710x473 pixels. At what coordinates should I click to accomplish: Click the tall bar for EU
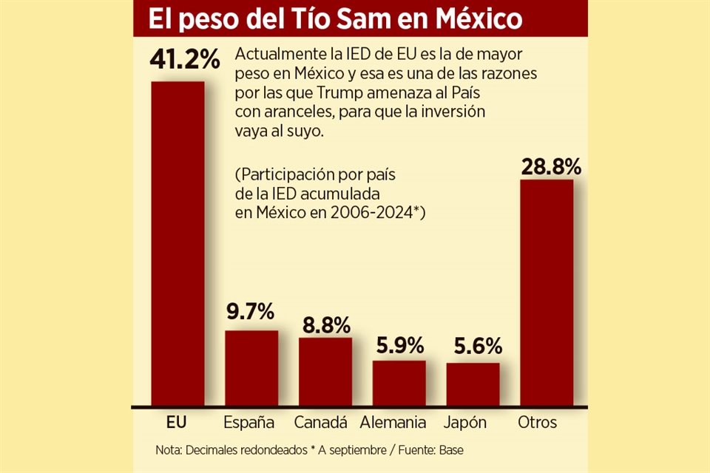(x=177, y=244)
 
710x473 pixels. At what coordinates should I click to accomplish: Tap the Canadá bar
(x=325, y=372)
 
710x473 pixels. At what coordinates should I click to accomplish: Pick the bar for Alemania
(x=399, y=383)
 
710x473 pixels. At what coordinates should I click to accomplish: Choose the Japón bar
(x=473, y=384)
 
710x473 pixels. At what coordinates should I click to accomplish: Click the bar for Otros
(x=547, y=293)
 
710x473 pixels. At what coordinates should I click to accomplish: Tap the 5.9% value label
(x=399, y=344)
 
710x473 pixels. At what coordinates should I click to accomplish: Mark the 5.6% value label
(x=473, y=346)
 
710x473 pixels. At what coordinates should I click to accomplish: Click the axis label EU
(x=177, y=423)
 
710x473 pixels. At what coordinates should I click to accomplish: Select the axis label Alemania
(x=393, y=423)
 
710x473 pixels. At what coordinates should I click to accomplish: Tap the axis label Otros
(x=538, y=423)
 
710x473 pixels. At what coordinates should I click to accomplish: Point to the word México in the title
(x=479, y=19)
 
